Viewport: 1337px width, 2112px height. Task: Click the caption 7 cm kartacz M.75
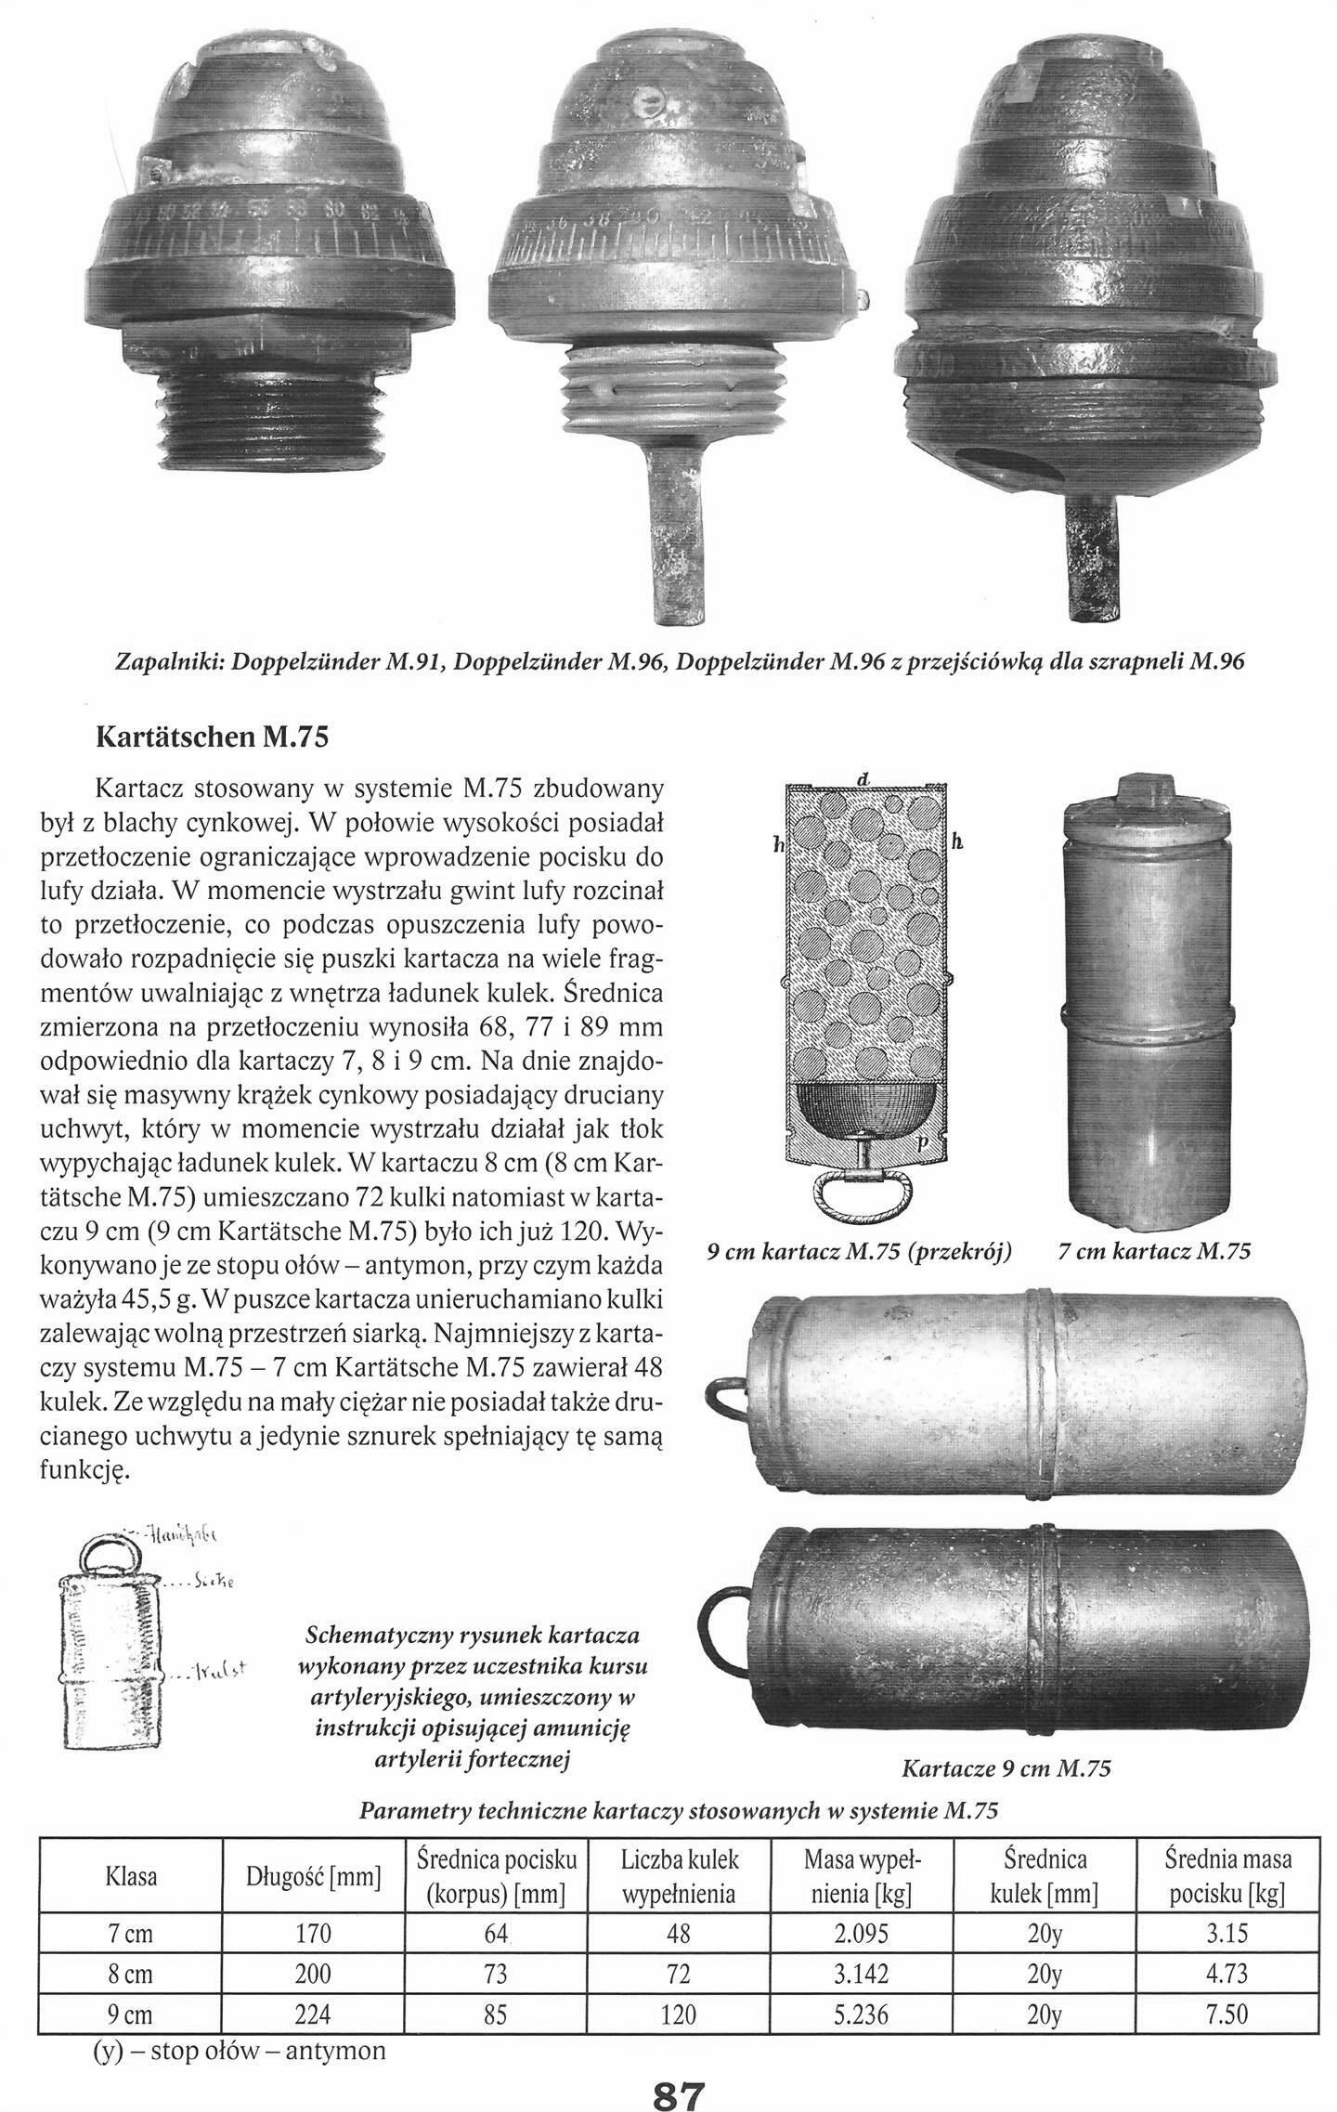(1154, 1251)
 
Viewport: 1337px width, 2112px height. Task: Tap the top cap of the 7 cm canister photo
(1149, 790)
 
